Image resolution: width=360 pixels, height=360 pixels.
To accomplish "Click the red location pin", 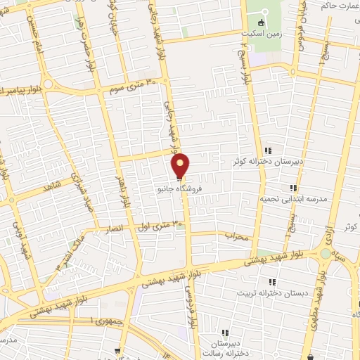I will [x=181, y=166].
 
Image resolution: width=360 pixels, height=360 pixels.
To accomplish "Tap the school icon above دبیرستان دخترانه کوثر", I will [x=268, y=150].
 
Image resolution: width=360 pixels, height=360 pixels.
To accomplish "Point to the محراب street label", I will [x=238, y=237].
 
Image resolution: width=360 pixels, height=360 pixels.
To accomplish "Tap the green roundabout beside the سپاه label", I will [x=325, y=253].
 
